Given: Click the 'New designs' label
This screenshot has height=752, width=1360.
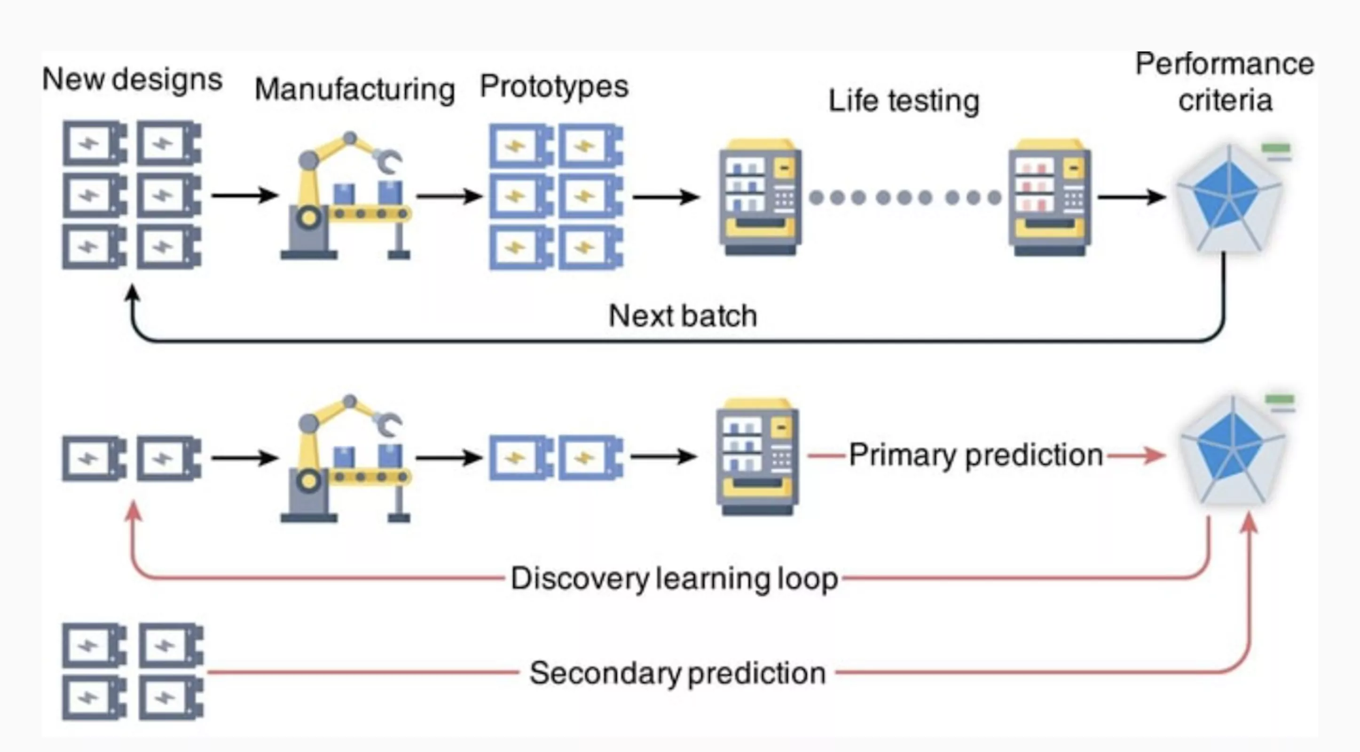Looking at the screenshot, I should tap(132, 80).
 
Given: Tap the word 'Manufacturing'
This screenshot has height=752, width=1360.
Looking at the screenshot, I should tap(354, 89).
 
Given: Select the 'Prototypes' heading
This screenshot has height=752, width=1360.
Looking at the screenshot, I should tap(554, 86).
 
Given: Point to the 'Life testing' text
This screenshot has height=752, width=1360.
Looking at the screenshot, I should tap(904, 101).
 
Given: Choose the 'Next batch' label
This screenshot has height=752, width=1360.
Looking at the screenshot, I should tap(683, 315).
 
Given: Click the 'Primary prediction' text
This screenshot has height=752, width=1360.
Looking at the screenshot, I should tap(975, 455).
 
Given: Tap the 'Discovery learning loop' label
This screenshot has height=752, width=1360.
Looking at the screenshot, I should tap(674, 579).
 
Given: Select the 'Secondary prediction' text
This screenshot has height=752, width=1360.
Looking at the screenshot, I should tap(677, 673).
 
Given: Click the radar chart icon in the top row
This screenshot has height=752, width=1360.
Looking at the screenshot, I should tap(1229, 198).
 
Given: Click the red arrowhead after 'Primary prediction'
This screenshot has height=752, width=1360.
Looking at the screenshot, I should tap(1156, 455).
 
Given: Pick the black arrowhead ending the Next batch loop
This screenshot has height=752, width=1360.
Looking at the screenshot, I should tap(132, 293).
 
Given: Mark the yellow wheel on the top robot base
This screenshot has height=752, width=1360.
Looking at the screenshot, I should tap(309, 217).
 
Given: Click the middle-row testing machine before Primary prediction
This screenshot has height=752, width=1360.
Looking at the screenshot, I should tap(757, 456).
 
